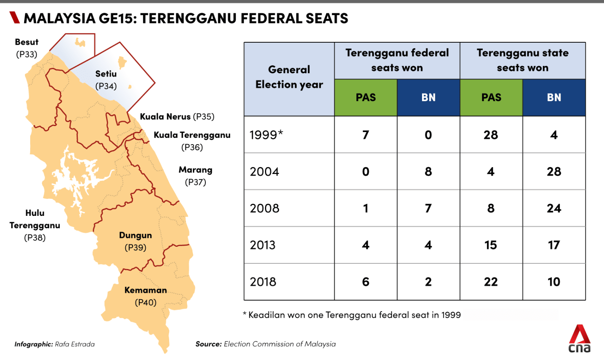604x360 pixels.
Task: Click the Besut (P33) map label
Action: (x=27, y=48)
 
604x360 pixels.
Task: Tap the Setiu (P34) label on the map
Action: (x=106, y=80)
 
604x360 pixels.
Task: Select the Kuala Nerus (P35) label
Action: (x=177, y=117)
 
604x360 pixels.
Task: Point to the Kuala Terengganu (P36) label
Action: (x=192, y=141)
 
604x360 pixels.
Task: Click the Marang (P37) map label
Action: (x=195, y=176)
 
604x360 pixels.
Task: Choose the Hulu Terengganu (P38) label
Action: (x=35, y=225)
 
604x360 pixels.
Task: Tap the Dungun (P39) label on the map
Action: (x=135, y=241)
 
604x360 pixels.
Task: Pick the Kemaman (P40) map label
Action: (x=145, y=296)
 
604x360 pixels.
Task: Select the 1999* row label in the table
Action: (x=266, y=135)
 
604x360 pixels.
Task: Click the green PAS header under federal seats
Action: (x=366, y=97)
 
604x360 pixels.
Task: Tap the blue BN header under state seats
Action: (x=554, y=97)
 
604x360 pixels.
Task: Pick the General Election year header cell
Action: (x=289, y=77)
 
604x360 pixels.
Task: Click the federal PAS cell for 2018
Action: (x=366, y=282)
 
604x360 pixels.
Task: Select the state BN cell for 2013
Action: (x=554, y=245)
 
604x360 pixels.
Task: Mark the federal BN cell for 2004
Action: (x=428, y=172)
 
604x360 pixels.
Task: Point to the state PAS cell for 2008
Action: (x=491, y=209)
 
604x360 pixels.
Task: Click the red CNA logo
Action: (x=579, y=339)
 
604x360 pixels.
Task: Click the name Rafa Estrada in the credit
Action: (x=75, y=344)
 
